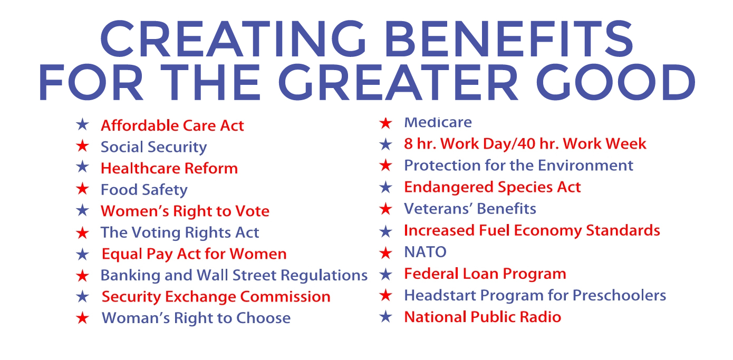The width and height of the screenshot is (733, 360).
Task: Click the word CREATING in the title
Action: click(233, 38)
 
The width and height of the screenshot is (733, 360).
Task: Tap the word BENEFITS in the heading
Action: click(509, 38)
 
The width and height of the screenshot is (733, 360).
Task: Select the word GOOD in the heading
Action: click(615, 82)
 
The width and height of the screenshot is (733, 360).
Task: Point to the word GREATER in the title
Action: click(398, 82)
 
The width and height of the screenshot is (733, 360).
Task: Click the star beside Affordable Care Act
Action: click(82, 124)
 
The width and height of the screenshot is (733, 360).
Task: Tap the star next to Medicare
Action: click(386, 123)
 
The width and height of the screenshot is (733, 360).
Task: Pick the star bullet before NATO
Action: click(386, 252)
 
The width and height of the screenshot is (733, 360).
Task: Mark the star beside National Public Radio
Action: click(386, 316)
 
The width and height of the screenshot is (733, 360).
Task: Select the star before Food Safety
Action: click(82, 189)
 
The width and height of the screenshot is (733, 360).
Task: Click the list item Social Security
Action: click(153, 147)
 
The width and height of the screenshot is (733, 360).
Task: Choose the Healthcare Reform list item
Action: click(169, 168)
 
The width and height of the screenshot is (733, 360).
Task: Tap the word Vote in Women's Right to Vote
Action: click(252, 211)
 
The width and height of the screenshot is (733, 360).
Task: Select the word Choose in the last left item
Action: click(264, 318)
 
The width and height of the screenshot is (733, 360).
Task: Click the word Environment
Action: click(585, 165)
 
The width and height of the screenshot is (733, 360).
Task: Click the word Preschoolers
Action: click(619, 295)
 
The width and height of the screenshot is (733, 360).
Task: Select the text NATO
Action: click(426, 252)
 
